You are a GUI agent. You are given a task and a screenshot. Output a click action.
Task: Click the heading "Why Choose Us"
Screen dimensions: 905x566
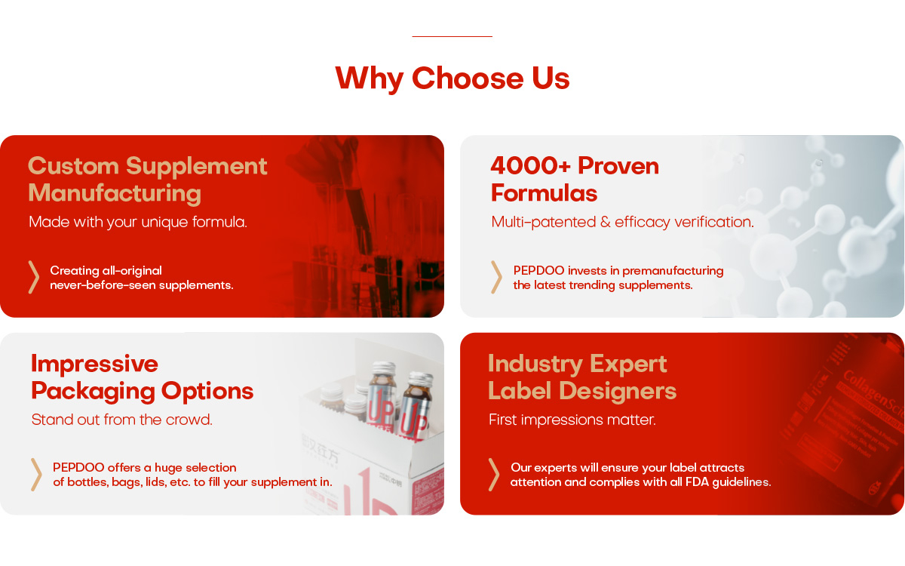pyautogui.click(x=452, y=78)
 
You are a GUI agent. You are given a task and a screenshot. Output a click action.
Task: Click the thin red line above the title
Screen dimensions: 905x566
pyautogui.click(x=452, y=36)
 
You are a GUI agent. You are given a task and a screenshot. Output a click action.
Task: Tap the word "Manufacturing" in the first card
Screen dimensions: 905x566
pyautogui.click(x=115, y=194)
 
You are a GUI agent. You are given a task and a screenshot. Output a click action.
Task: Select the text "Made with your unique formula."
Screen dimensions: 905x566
pyautogui.click(x=138, y=222)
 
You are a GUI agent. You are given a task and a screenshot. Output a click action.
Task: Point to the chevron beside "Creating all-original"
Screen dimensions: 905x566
pyautogui.click(x=34, y=277)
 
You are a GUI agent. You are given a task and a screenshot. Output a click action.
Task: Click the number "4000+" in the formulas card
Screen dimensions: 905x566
pyautogui.click(x=530, y=166)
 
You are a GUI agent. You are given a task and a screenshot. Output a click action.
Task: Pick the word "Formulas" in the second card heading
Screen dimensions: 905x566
pyautogui.click(x=544, y=193)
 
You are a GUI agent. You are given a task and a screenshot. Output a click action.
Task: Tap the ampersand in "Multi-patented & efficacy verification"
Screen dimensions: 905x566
pyautogui.click(x=605, y=222)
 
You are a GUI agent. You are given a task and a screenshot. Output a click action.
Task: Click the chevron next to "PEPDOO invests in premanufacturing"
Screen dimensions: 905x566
pyautogui.click(x=496, y=277)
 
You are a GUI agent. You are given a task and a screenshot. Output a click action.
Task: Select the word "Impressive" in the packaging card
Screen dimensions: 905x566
pyautogui.click(x=94, y=364)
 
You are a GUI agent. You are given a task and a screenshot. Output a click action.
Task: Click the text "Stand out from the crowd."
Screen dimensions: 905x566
pyautogui.click(x=121, y=420)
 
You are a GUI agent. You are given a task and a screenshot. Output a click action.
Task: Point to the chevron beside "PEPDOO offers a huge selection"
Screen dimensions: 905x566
pyautogui.click(x=36, y=475)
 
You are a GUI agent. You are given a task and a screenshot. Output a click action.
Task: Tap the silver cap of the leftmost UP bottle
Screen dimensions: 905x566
pyautogui.click(x=383, y=368)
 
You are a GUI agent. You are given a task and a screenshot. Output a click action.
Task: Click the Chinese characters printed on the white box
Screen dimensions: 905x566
pyautogui.click(x=321, y=451)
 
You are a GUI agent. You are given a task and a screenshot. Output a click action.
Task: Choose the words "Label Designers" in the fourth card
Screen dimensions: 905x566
pyautogui.click(x=582, y=391)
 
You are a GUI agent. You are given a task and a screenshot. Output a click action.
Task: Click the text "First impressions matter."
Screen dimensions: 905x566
pyautogui.click(x=572, y=420)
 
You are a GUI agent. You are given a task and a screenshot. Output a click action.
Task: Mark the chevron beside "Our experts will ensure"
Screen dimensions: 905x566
pyautogui.click(x=494, y=475)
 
